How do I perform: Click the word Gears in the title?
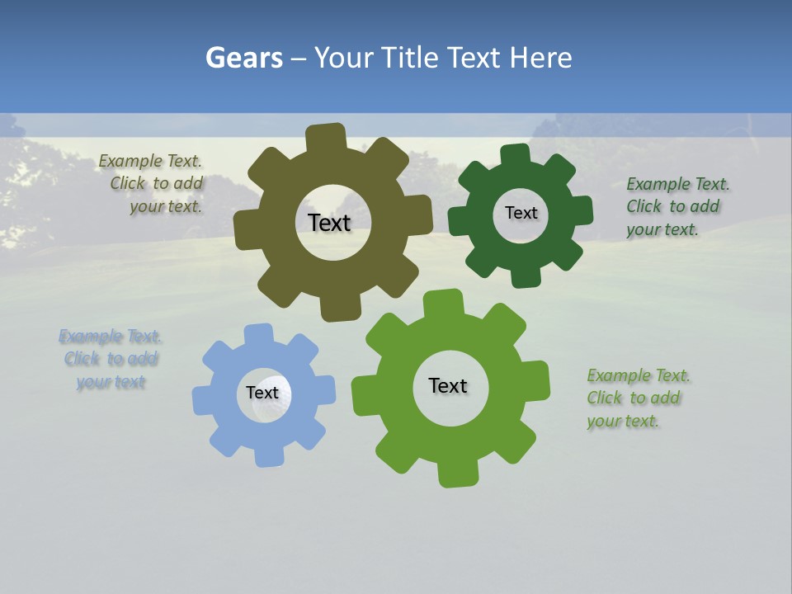(x=243, y=59)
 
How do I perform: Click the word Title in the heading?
(x=415, y=59)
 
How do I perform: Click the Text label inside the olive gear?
(x=329, y=223)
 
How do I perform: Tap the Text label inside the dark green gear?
(x=521, y=213)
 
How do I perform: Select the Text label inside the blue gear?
(x=262, y=394)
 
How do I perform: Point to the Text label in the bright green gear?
(x=448, y=386)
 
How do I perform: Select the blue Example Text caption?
(x=111, y=359)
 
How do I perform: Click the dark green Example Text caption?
(x=673, y=206)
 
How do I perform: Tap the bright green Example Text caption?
(x=635, y=398)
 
